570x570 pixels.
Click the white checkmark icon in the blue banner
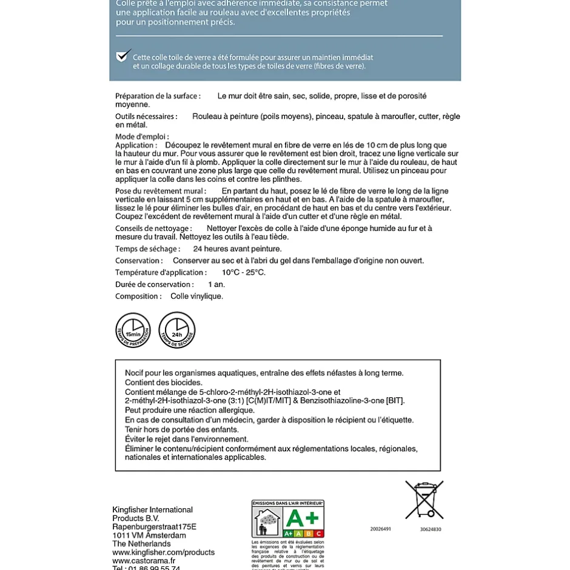point(123,56)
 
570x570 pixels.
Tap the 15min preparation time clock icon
point(133,330)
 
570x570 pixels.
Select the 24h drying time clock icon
point(177,330)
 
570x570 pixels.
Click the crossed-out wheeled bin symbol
point(424,500)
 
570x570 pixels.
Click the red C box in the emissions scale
point(319,534)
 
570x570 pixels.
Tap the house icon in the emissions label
point(267,521)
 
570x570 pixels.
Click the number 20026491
point(381,529)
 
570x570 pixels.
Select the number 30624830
point(431,529)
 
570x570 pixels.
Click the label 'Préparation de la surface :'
point(158,96)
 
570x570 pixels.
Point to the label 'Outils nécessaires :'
point(146,116)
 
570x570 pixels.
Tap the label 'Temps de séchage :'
point(147,249)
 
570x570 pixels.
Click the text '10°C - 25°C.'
point(243,273)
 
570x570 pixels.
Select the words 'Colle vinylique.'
point(196,297)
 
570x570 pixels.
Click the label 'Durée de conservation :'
point(155,284)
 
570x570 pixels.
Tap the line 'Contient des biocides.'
point(164,383)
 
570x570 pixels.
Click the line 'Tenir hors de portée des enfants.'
point(182,429)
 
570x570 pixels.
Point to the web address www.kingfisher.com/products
point(163,552)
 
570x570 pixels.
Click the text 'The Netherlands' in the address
point(141,544)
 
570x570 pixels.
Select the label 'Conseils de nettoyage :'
point(153,229)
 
